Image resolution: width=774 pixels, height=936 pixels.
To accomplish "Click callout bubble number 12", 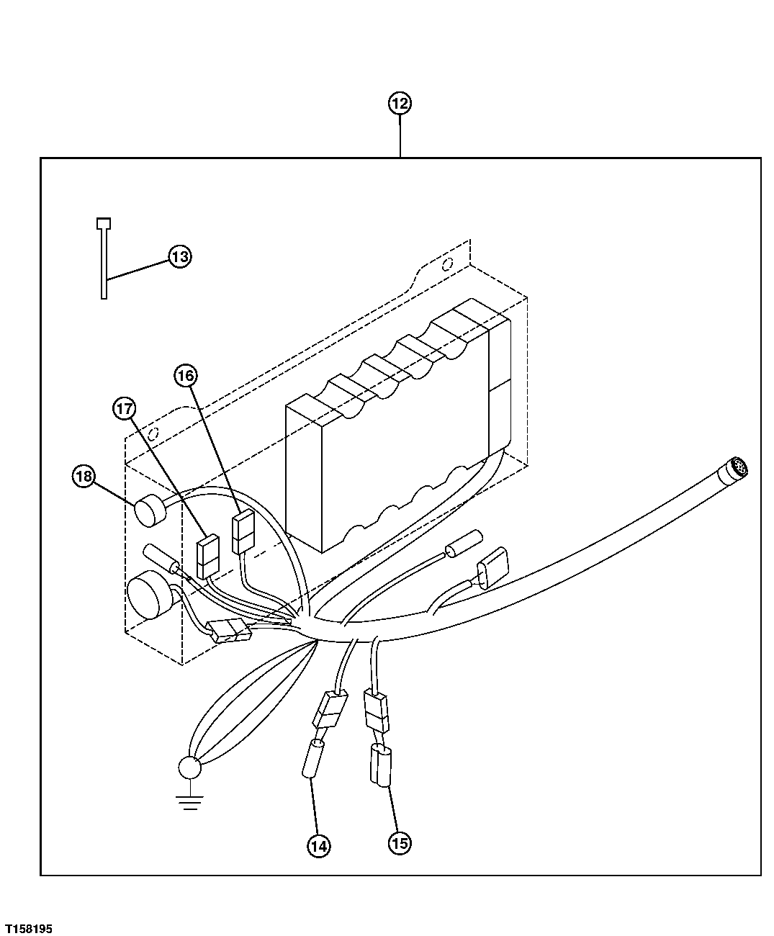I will pos(400,104).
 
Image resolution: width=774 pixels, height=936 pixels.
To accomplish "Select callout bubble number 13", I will pos(179,256).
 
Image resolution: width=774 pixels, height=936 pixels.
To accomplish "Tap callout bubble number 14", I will pos(318,846).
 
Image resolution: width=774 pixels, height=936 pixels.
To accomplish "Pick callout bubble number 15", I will pos(400,842).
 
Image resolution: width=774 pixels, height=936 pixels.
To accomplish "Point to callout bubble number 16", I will pos(184,375).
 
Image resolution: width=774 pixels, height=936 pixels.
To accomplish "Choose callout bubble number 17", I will pos(124,409).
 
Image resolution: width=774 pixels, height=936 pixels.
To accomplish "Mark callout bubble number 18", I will pos(84,476).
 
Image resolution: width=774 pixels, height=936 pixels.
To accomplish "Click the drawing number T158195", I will pos(28,929).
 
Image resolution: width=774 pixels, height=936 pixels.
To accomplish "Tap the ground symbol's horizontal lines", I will pos(189,802).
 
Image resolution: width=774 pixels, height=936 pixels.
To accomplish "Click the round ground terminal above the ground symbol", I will pos(190,768).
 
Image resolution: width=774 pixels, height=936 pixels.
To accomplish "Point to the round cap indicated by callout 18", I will pos(149,512).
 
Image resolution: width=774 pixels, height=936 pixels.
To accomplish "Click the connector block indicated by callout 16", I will pos(243,531).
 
